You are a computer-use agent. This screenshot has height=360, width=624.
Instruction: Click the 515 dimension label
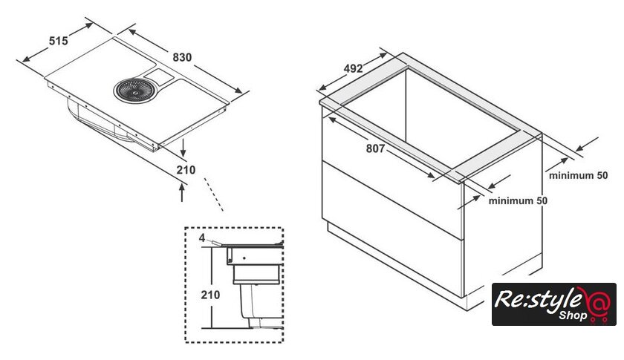click(59, 41)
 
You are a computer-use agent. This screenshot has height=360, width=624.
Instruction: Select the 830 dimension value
click(182, 57)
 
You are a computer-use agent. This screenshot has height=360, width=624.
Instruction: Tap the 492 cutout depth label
click(353, 68)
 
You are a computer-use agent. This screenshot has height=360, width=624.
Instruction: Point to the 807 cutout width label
click(375, 148)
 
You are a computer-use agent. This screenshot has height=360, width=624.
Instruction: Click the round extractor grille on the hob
click(134, 90)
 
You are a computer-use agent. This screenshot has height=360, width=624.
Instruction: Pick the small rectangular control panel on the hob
click(159, 76)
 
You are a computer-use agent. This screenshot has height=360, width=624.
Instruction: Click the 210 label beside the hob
click(186, 170)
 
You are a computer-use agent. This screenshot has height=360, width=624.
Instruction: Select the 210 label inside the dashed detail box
click(210, 295)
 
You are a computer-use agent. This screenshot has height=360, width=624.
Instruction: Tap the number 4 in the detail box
click(202, 238)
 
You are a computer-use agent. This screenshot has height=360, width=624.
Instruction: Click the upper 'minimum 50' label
click(578, 175)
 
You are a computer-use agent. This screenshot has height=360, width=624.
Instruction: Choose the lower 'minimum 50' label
click(518, 200)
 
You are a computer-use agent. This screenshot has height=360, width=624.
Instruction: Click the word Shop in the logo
click(573, 315)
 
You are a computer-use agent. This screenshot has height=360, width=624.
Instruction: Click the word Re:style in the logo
click(537, 300)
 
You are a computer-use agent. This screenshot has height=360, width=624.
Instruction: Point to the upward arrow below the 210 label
click(182, 192)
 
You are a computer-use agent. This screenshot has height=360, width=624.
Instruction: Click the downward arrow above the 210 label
click(183, 148)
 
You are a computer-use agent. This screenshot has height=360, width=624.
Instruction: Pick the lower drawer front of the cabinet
click(392, 229)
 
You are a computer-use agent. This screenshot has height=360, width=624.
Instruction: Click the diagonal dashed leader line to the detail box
click(214, 194)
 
